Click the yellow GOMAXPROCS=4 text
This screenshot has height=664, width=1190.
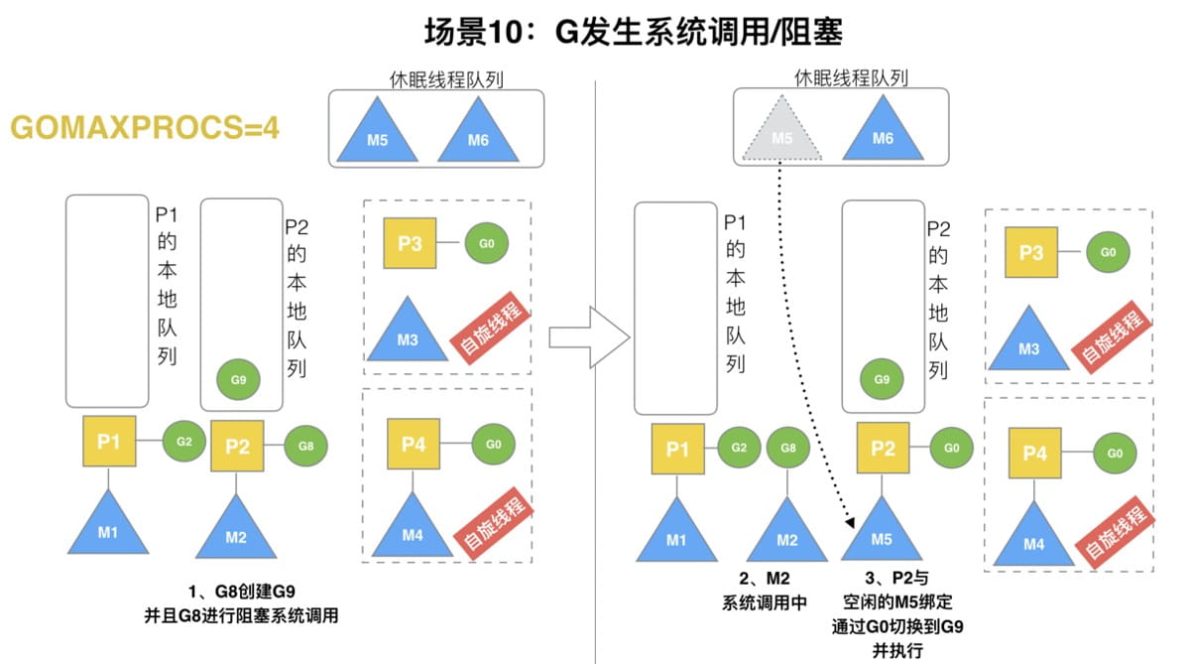pos(145,128)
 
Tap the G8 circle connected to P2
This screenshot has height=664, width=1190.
pos(305,446)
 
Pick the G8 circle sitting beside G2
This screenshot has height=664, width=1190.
pos(788,448)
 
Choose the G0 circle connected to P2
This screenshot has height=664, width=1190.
pos(951,448)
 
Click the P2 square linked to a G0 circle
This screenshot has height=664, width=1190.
pos(883,449)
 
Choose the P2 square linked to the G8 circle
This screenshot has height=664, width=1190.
pos(237,447)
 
